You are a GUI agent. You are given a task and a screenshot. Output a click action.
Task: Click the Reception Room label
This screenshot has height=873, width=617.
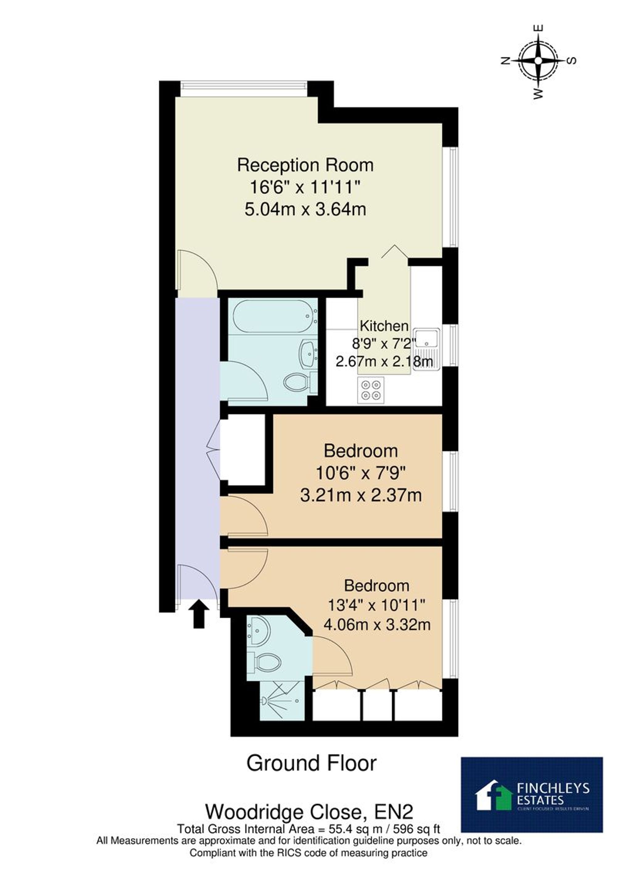pyautogui.click(x=305, y=165)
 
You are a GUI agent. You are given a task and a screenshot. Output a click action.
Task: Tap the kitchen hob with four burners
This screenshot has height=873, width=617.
pyautogui.click(x=371, y=391)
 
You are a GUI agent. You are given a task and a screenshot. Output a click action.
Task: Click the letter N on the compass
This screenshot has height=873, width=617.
pyautogui.click(x=506, y=61)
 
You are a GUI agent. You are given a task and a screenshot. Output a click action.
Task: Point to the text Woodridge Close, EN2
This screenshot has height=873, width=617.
pyautogui.click(x=309, y=812)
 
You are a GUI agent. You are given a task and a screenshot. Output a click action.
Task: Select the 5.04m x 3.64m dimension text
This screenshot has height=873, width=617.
pyautogui.click(x=305, y=209)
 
